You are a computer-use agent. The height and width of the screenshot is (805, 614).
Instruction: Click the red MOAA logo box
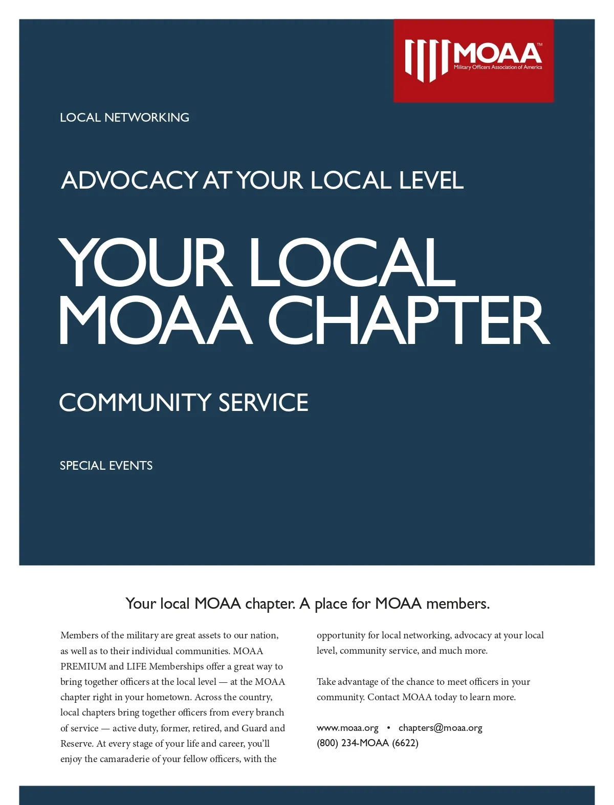(473, 60)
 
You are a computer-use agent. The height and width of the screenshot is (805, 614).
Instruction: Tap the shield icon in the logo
(427, 60)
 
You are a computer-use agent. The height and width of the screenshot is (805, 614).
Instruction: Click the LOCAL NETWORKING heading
(124, 118)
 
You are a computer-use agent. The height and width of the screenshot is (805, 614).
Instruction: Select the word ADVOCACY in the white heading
(129, 180)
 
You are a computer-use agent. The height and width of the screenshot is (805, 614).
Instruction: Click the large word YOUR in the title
(143, 263)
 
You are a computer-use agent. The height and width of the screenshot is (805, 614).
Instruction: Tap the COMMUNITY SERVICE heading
(184, 402)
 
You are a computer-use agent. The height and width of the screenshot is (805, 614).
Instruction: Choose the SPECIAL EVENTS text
(106, 466)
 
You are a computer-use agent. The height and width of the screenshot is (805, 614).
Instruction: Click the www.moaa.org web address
(347, 728)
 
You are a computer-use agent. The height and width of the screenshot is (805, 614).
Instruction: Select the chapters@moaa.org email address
(440, 728)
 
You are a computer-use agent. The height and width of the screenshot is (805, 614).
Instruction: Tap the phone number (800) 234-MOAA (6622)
(367, 743)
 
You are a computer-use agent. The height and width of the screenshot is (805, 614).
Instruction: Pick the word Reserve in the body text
(76, 744)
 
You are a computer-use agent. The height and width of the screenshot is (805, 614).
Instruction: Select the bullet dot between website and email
(388, 728)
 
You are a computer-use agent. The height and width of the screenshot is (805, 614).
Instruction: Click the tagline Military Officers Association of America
(497, 67)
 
